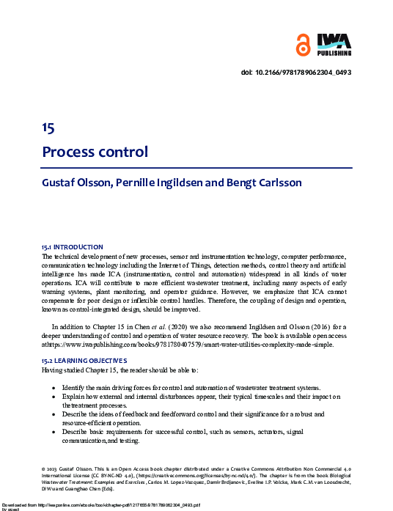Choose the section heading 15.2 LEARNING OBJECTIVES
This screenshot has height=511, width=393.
click(84, 361)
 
